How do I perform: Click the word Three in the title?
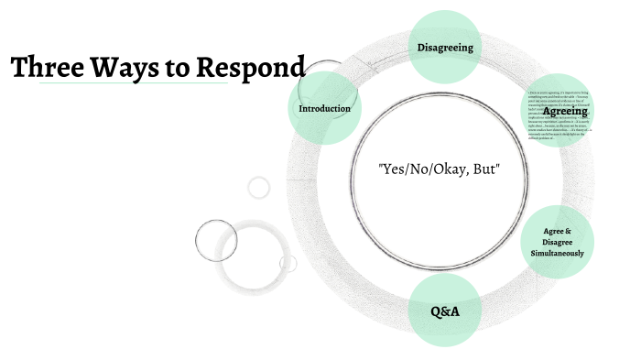pyautogui.click(x=47, y=68)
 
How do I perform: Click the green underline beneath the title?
pyautogui.click(x=119, y=83)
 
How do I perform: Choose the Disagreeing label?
pyautogui.click(x=445, y=48)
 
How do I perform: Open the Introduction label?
pyautogui.click(x=325, y=109)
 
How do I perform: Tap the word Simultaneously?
pyautogui.click(x=559, y=252)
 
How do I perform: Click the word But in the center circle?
pyautogui.click(x=483, y=170)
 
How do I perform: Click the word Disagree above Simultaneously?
pyautogui.click(x=559, y=242)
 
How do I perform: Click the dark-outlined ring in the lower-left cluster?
pyautogui.click(x=217, y=240)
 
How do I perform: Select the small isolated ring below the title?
pyautogui.click(x=259, y=188)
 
